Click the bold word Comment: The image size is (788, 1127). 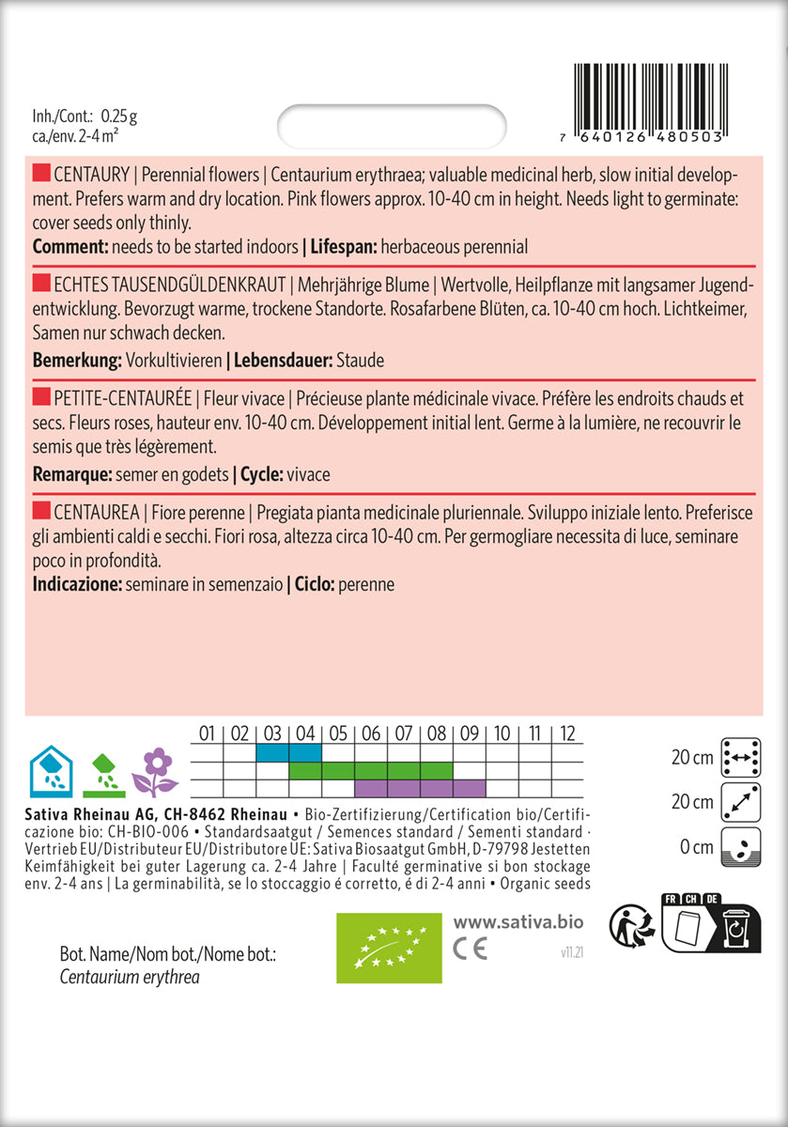tap(70, 247)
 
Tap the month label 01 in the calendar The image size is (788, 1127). tap(208, 733)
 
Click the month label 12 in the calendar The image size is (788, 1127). tap(566, 733)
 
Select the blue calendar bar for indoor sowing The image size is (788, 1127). tap(288, 753)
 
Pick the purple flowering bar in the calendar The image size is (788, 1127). tap(420, 788)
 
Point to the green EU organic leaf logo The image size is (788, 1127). tap(388, 947)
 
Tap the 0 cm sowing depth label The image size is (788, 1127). tap(695, 847)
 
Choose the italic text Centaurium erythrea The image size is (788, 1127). tap(129, 978)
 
